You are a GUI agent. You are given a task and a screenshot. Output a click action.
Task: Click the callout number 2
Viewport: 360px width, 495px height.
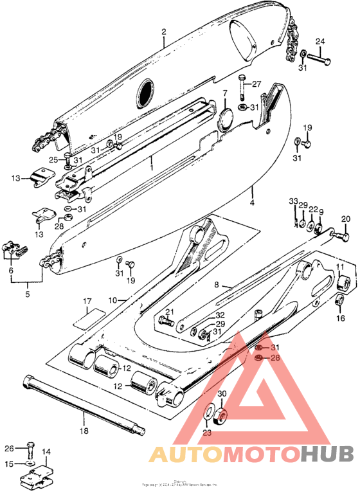coord(164,31)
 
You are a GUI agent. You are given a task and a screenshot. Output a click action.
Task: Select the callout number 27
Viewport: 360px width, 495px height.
coord(256,84)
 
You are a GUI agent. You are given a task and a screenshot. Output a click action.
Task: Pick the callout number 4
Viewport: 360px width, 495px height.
coord(252,203)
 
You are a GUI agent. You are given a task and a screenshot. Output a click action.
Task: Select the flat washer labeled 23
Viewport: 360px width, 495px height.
coord(210,413)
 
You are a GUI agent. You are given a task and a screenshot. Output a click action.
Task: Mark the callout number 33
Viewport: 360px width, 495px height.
coord(293,201)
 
